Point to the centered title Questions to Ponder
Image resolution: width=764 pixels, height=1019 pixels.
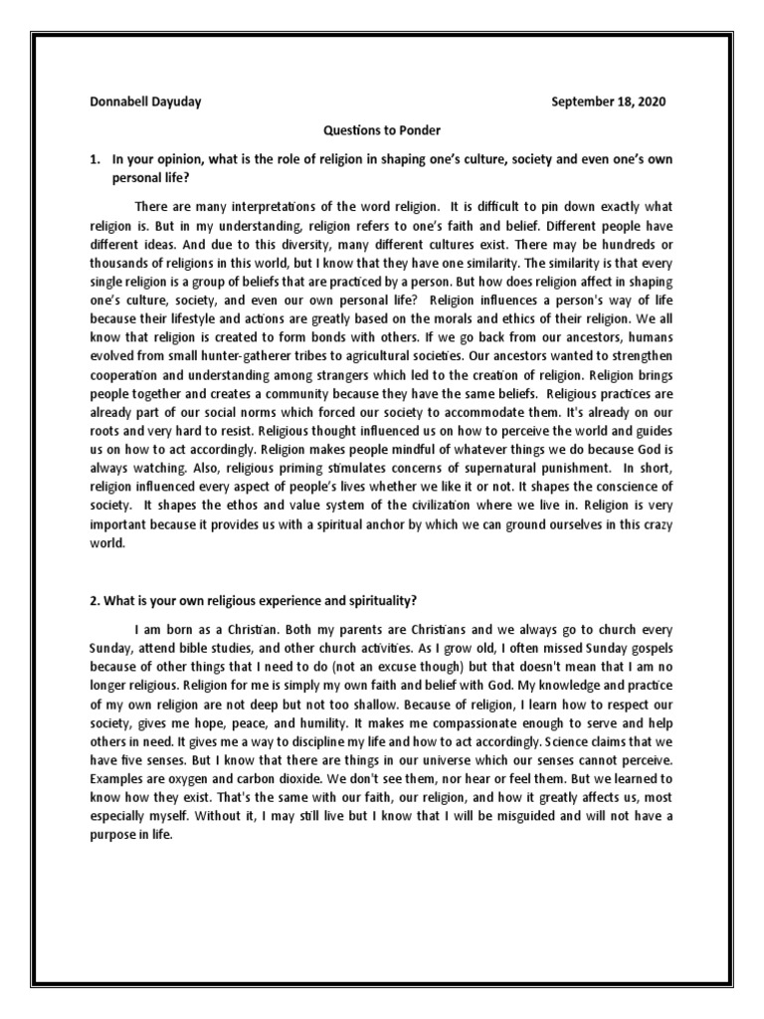coord(381,130)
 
